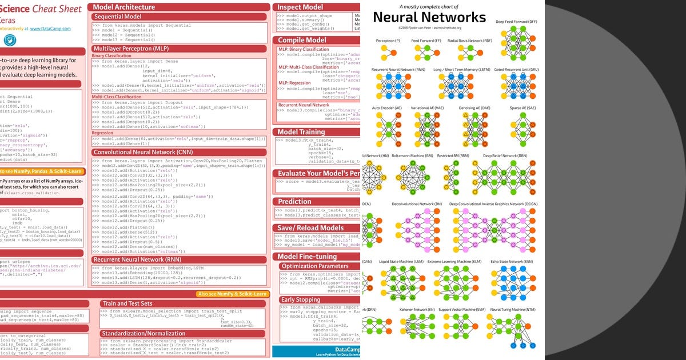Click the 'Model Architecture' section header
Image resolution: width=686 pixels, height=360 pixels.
(x=124, y=7)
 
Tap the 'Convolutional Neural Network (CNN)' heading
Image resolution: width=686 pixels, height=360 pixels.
(x=143, y=153)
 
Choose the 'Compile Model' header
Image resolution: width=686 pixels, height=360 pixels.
(x=302, y=40)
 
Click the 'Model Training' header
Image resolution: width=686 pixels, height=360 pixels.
(x=301, y=132)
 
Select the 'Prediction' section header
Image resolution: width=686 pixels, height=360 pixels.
(x=294, y=201)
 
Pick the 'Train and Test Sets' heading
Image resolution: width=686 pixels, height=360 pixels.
(x=127, y=303)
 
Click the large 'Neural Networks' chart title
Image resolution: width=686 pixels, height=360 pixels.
(x=429, y=17)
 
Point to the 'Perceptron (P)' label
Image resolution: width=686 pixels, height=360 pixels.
(x=388, y=41)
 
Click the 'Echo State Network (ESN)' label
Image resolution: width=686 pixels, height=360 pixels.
(x=512, y=261)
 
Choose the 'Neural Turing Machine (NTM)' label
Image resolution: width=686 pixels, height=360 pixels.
(x=513, y=310)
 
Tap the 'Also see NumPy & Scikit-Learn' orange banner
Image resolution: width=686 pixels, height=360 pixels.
(x=232, y=294)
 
